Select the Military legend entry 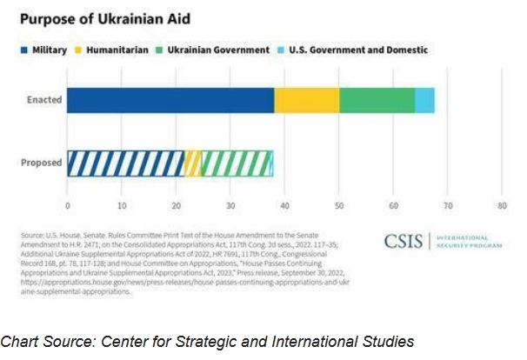43,50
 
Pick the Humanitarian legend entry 115,50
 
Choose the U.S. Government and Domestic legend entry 358,50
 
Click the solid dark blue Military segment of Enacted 170,100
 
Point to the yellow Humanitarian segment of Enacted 306,100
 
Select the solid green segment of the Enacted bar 377,100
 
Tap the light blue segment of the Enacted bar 424,100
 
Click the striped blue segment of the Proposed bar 126,163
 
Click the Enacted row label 43,100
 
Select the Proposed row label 42,163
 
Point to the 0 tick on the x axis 67,206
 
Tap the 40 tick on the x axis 284,206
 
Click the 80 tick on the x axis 502,206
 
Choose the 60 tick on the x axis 393,206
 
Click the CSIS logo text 404,242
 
